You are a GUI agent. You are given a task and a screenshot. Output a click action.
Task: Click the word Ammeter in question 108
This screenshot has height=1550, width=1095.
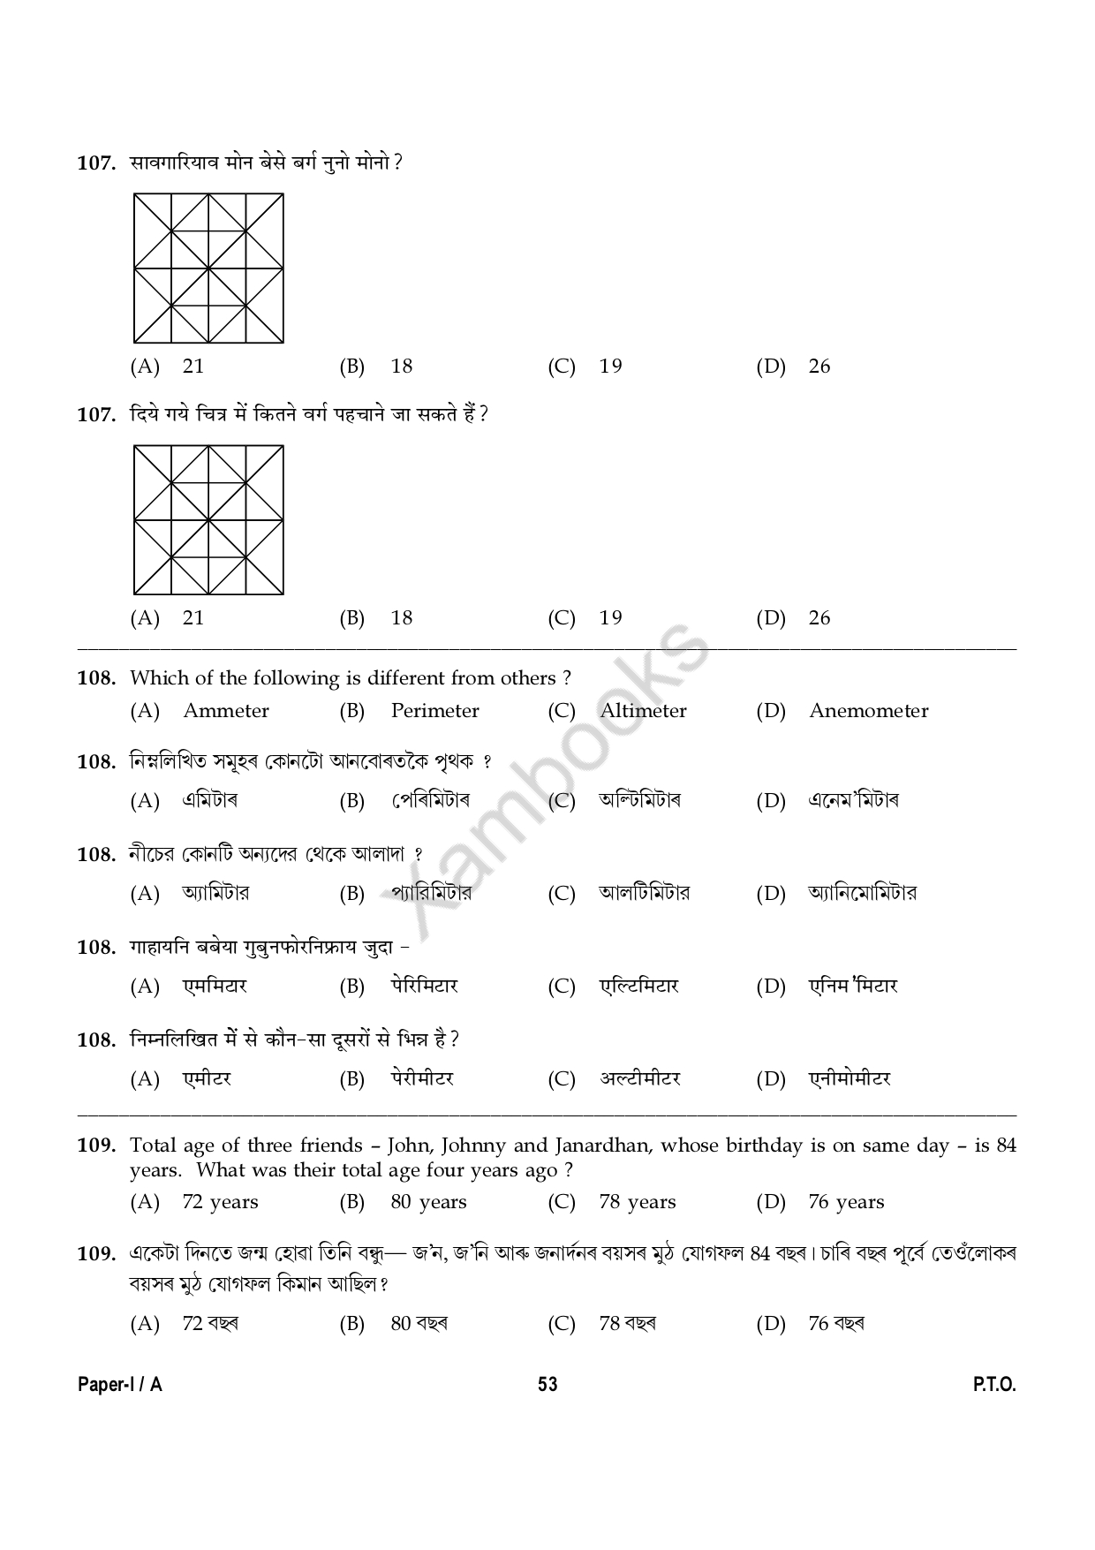[225, 711]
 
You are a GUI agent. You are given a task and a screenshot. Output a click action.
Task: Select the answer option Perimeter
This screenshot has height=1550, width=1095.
[434, 711]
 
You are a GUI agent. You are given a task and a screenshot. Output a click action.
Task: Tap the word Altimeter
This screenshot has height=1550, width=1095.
[643, 711]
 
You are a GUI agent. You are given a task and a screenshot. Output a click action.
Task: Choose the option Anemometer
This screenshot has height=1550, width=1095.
[868, 711]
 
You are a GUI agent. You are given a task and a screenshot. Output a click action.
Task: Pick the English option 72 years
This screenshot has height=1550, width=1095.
[220, 1202]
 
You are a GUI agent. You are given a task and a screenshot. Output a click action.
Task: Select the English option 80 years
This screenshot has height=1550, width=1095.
[428, 1202]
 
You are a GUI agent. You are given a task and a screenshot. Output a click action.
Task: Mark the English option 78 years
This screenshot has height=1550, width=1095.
[637, 1202]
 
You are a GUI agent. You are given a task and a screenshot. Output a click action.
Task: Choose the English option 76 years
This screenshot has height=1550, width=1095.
[845, 1202]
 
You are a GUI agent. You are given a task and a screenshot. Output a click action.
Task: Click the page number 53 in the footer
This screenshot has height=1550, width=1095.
[547, 1384]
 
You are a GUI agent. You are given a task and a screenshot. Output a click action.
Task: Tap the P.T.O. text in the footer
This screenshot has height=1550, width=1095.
[994, 1384]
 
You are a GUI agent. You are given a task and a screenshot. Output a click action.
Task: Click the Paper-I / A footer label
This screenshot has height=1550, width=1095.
[120, 1384]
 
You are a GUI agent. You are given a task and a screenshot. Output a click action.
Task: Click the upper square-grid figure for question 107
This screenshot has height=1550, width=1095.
[209, 268]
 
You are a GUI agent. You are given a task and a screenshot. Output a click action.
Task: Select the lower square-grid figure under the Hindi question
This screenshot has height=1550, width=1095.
[209, 519]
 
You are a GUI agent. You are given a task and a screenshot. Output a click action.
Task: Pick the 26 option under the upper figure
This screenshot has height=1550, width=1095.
[819, 367]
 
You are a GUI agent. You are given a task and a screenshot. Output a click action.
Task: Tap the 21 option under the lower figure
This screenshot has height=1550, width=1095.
[193, 618]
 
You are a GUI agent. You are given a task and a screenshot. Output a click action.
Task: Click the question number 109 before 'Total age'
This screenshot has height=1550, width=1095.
[96, 1145]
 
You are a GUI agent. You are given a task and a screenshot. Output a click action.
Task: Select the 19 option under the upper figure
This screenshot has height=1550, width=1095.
[610, 367]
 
